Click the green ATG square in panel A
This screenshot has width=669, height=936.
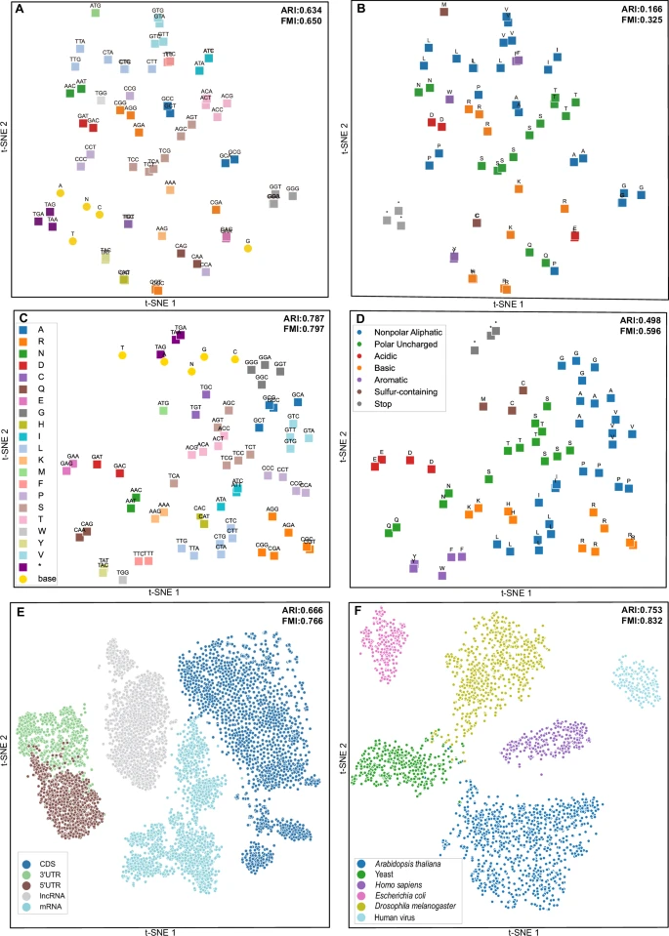click(x=95, y=15)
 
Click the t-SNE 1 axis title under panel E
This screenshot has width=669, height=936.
click(x=165, y=927)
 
